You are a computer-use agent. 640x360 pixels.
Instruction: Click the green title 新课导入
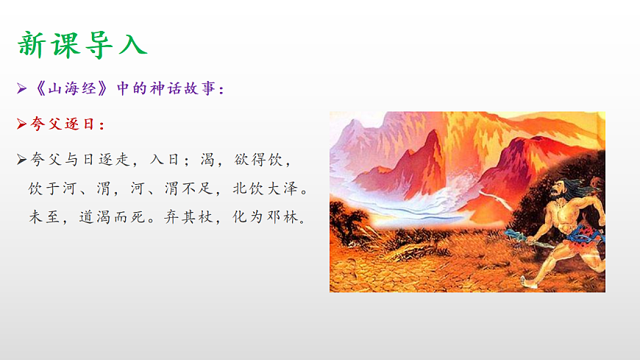pyautogui.click(x=82, y=44)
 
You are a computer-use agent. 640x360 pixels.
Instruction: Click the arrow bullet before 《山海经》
pyautogui.click(x=22, y=89)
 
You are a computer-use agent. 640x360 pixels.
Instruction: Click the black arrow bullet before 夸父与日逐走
pyautogui.click(x=22, y=159)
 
